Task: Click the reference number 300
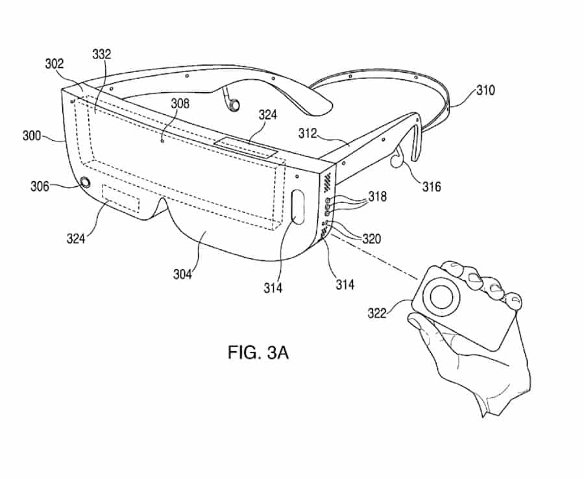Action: [32, 136]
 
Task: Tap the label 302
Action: [55, 64]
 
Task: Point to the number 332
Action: [102, 54]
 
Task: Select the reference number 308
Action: [180, 103]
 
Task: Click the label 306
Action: [40, 186]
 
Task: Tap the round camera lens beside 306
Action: [85, 182]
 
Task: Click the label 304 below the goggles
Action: [182, 274]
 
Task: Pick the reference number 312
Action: [308, 133]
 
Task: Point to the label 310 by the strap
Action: [485, 90]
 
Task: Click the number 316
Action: [432, 186]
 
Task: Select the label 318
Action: [378, 196]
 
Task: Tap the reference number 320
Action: [372, 239]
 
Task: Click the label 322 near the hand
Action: [377, 313]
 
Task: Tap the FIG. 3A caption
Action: [258, 352]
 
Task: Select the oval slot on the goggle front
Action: [298, 206]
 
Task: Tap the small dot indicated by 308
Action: [162, 141]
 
